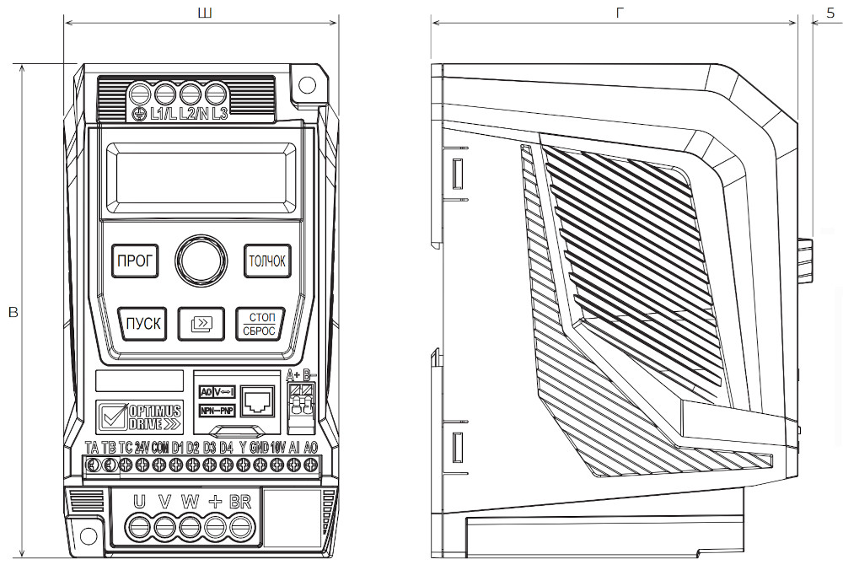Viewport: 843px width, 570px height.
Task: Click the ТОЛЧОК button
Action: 266,261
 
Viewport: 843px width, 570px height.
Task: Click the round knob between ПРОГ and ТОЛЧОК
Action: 201,259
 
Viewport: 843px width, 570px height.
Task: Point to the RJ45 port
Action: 255,401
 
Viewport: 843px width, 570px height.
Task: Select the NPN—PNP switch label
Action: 217,411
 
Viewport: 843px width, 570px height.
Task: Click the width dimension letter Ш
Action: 202,13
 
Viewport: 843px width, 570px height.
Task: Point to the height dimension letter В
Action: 12,313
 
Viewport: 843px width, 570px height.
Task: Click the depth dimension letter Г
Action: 620,13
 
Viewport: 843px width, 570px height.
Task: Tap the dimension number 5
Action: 830,13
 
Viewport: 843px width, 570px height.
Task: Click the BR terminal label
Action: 240,502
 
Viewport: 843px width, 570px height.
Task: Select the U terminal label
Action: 140,502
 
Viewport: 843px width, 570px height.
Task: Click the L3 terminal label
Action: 219,114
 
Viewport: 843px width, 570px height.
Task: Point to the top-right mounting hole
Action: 308,85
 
